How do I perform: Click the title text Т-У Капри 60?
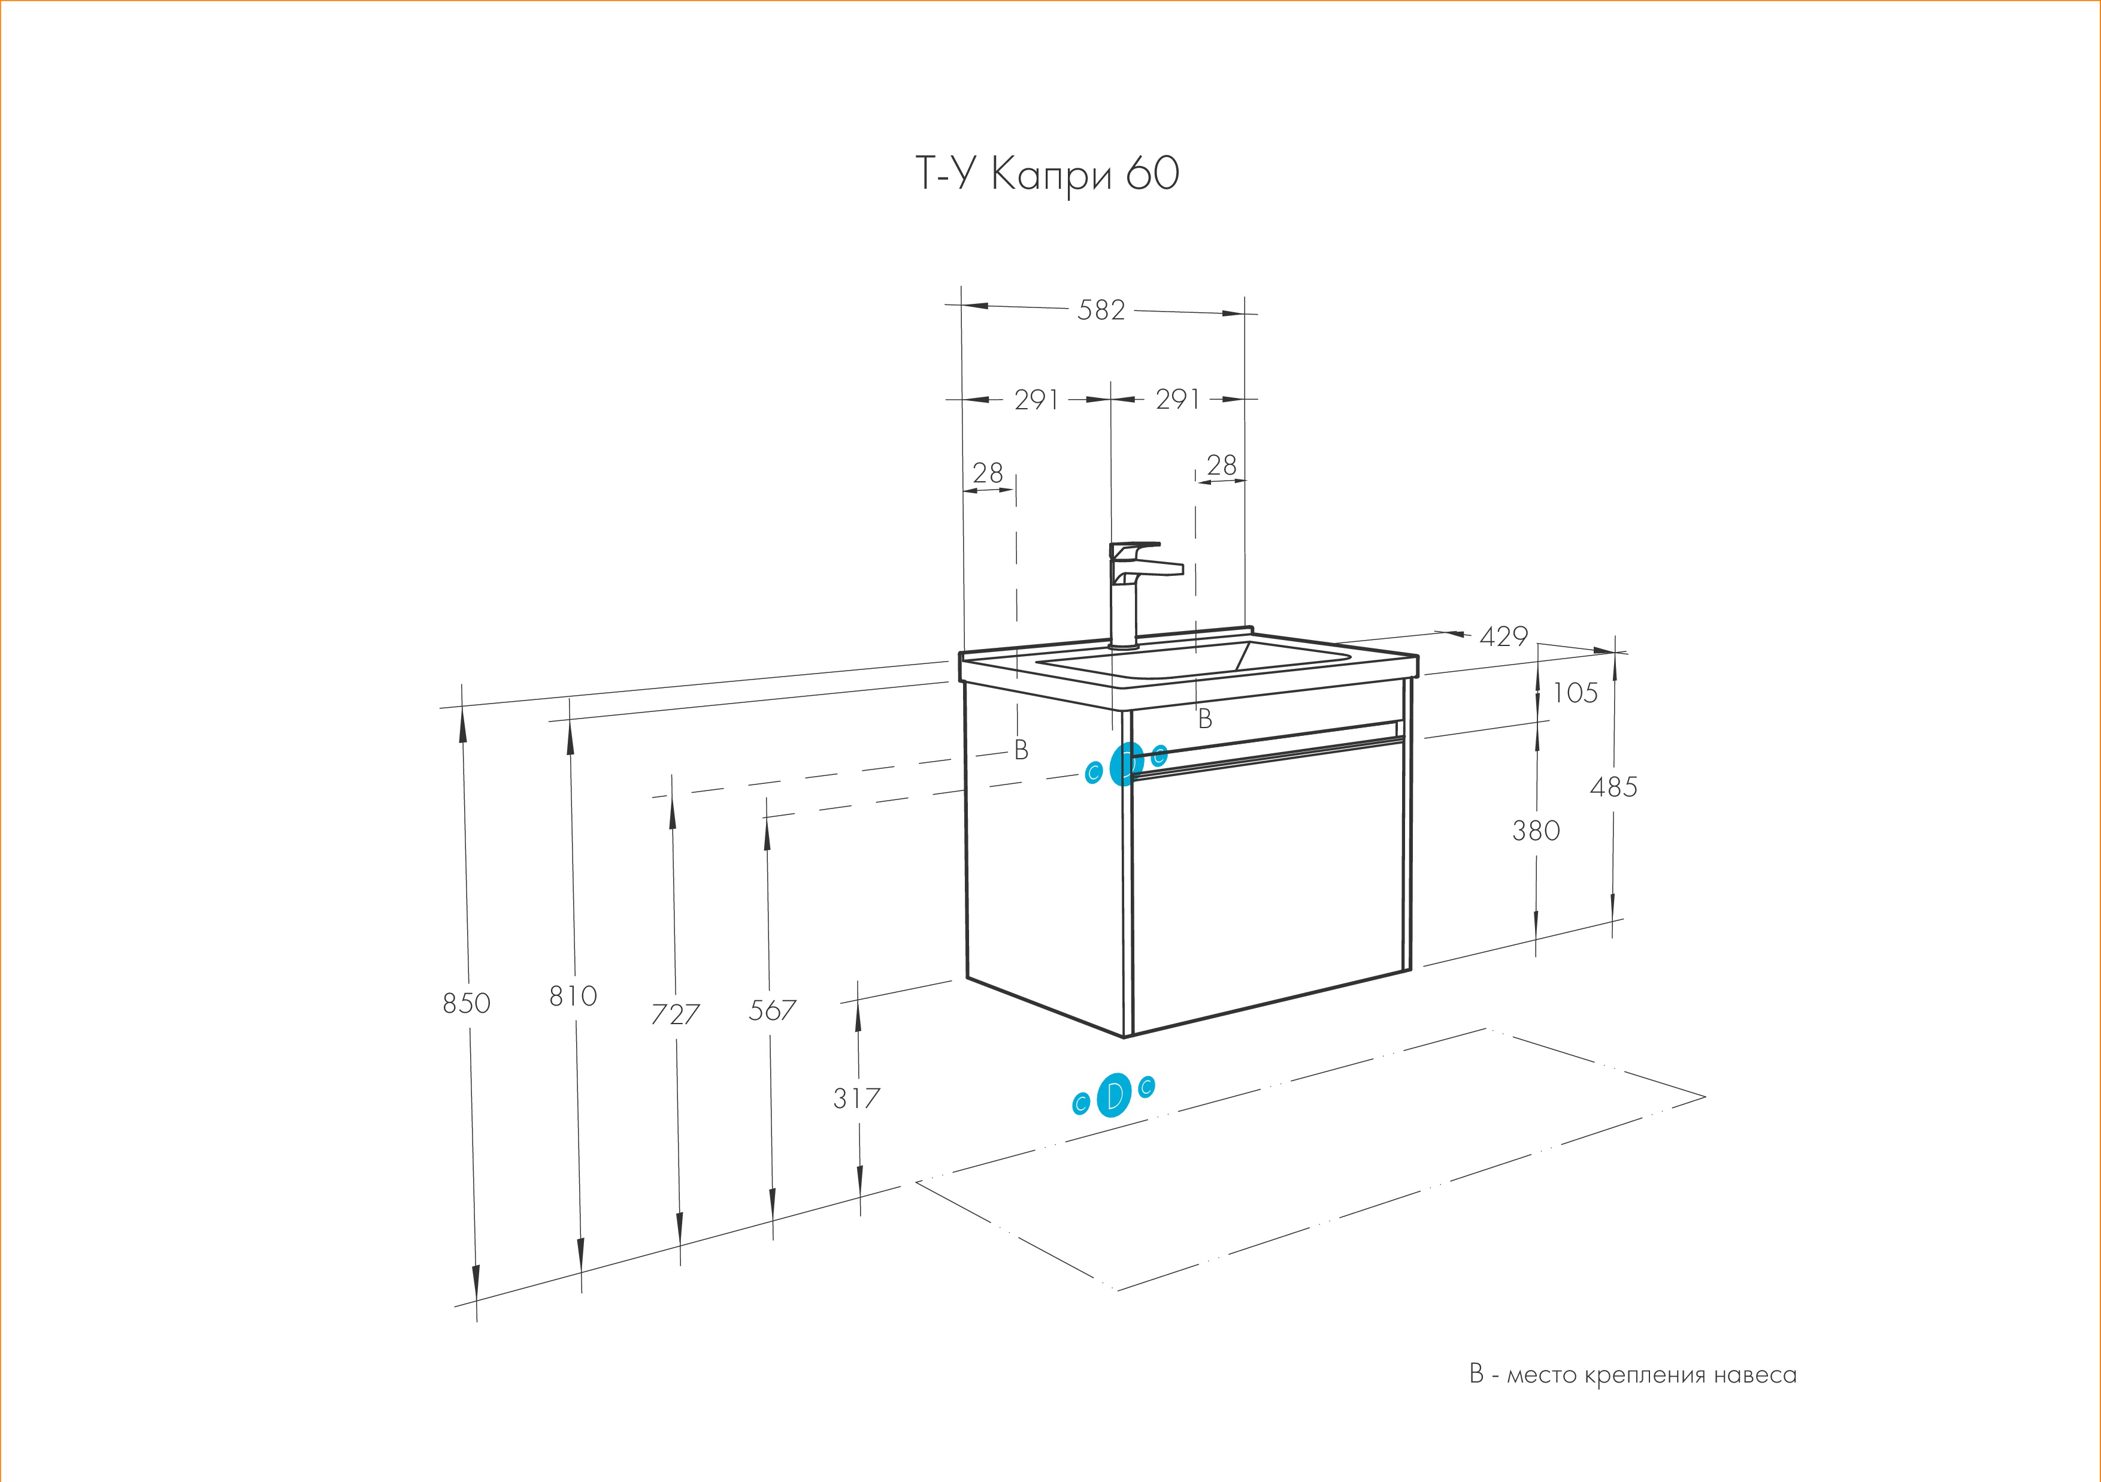pyautogui.click(x=1047, y=174)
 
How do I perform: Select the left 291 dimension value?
pyautogui.click(x=1036, y=400)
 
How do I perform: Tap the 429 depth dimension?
pyautogui.click(x=1503, y=636)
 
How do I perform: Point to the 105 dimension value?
pyautogui.click(x=1575, y=693)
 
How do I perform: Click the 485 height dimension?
pyautogui.click(x=1613, y=786)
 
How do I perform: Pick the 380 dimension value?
pyautogui.click(x=1536, y=830)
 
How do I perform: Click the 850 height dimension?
pyautogui.click(x=467, y=1003)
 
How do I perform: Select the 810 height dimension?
pyautogui.click(x=573, y=996)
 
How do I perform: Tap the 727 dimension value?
pyautogui.click(x=676, y=1013)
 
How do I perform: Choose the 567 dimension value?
pyautogui.click(x=773, y=1010)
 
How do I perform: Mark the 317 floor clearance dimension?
pyautogui.click(x=856, y=1097)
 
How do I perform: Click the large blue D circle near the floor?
pyautogui.click(x=1113, y=1095)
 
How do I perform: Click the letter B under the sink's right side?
pyautogui.click(x=1205, y=720)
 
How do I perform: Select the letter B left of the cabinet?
pyautogui.click(x=1021, y=750)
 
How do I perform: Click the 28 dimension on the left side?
pyautogui.click(x=988, y=473)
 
